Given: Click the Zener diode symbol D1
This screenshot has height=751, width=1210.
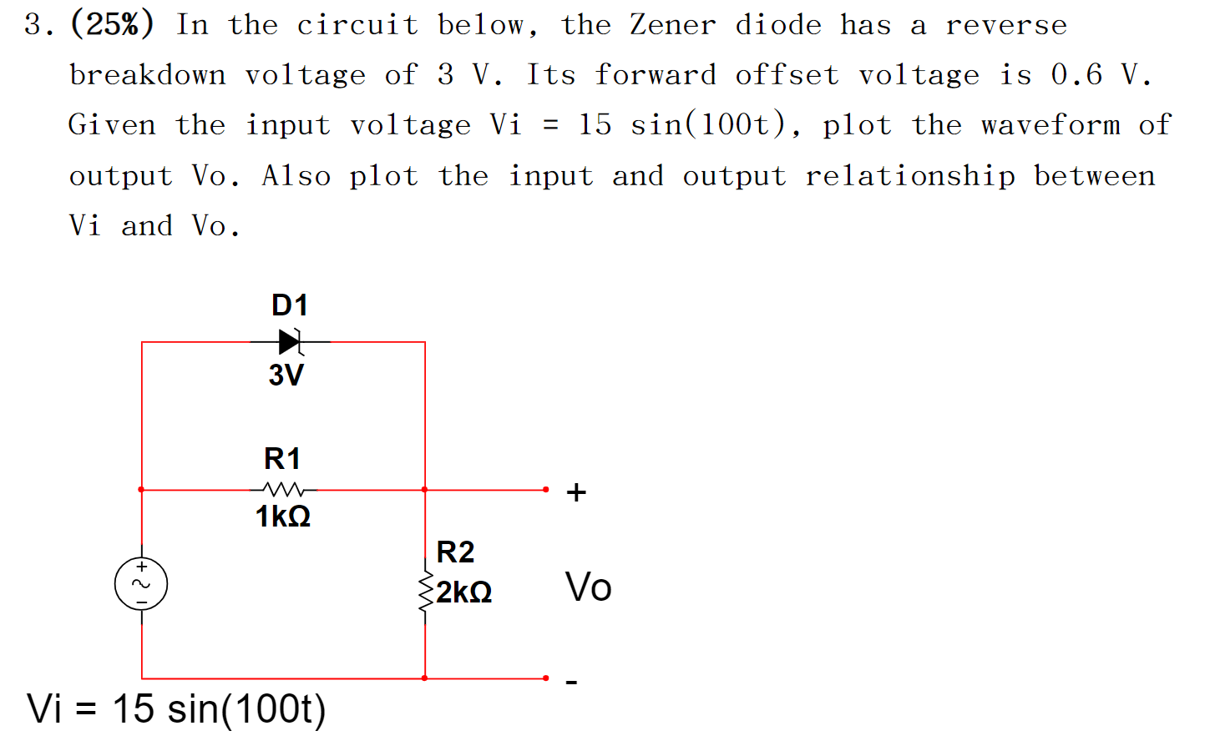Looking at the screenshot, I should pos(290,341).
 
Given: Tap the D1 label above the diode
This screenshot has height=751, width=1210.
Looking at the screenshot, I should pos(290,305).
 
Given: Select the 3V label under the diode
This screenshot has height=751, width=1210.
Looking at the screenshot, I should pos(286,375).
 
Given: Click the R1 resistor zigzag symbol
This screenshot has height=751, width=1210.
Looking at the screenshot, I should pos(283,489).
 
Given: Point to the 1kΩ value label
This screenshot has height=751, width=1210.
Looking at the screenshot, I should pos(283,517).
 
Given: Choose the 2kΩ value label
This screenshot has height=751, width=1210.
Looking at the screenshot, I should pos(464,592).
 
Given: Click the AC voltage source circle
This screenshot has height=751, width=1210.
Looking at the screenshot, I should pos(141,584).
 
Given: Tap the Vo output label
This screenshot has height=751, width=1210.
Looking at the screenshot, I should pos(588,587).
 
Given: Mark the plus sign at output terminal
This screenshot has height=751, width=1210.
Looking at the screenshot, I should pos(576,492).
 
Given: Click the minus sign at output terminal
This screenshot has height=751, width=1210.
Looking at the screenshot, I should pos(571,683).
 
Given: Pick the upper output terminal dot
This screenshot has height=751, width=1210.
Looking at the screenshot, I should pos(546,490).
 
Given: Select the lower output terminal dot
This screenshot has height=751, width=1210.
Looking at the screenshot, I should pos(546,678).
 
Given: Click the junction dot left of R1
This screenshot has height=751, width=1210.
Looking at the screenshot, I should pos(141,490).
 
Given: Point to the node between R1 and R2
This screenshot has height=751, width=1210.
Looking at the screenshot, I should pos(425,490).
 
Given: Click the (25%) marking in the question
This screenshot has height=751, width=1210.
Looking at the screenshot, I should pos(112,24).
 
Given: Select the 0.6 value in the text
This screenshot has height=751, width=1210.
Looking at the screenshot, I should pos(1076,75).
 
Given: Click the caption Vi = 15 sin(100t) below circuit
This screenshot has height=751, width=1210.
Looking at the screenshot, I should pos(176,709).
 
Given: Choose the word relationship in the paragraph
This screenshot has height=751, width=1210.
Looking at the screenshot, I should pos(910,176).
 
